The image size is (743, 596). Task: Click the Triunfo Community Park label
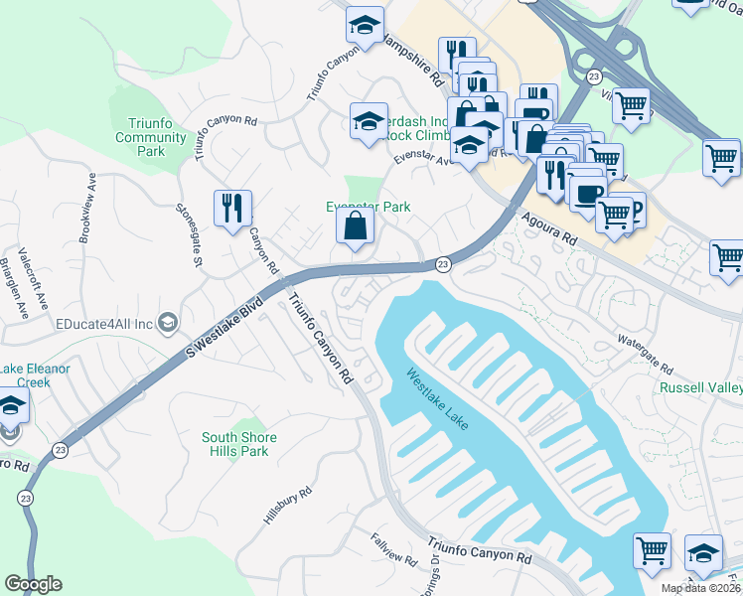(151, 137)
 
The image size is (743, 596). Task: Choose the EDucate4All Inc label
(104, 324)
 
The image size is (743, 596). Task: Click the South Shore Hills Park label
(239, 444)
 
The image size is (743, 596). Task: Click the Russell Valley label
(702, 386)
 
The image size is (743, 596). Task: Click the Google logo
(33, 584)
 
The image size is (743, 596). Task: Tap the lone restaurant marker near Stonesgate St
(232, 210)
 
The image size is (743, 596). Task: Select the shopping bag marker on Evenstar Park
(355, 227)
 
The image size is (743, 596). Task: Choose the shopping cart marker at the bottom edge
(652, 551)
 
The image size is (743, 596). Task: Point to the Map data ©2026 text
(701, 588)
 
